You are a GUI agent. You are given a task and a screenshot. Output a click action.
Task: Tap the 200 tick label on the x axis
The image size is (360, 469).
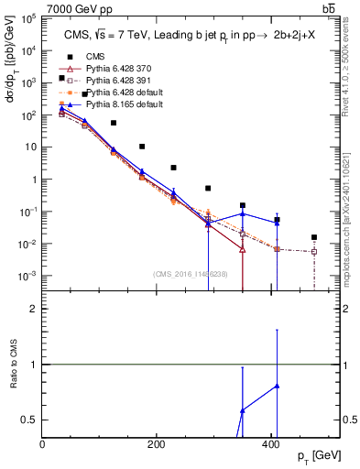click(x=156, y=444)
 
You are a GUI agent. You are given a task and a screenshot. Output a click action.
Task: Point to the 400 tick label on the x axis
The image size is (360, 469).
click(x=269, y=444)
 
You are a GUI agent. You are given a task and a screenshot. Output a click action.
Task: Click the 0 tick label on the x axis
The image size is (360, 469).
click(x=43, y=444)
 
